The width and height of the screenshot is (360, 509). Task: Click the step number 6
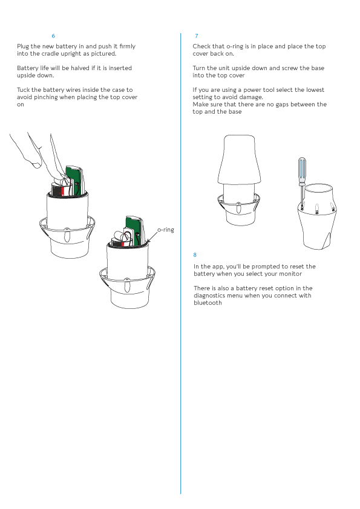click(53, 36)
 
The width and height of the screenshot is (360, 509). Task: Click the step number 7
click(197, 36)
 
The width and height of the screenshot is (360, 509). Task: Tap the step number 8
click(195, 255)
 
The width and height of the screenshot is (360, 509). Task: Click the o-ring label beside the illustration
click(166, 230)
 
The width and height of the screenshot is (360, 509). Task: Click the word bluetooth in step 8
click(208, 303)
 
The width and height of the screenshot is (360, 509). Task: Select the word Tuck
click(24, 90)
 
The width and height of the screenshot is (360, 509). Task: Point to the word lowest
click(315, 90)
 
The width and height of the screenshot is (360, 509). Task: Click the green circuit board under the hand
click(75, 181)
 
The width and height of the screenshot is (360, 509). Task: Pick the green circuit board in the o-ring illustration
click(134, 230)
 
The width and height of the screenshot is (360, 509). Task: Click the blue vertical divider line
click(181, 263)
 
